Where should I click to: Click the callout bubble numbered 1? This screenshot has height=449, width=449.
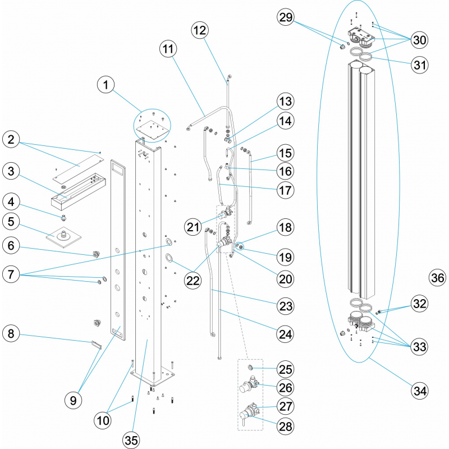pyautogui.click(x=106, y=85)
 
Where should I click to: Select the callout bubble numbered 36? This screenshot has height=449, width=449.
pyautogui.click(x=438, y=277)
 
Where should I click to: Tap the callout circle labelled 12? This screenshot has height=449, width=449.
pyautogui.click(x=202, y=30)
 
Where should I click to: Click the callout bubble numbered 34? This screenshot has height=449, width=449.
pyautogui.click(x=419, y=388)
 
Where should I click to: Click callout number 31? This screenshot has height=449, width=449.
pyautogui.click(x=419, y=65)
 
